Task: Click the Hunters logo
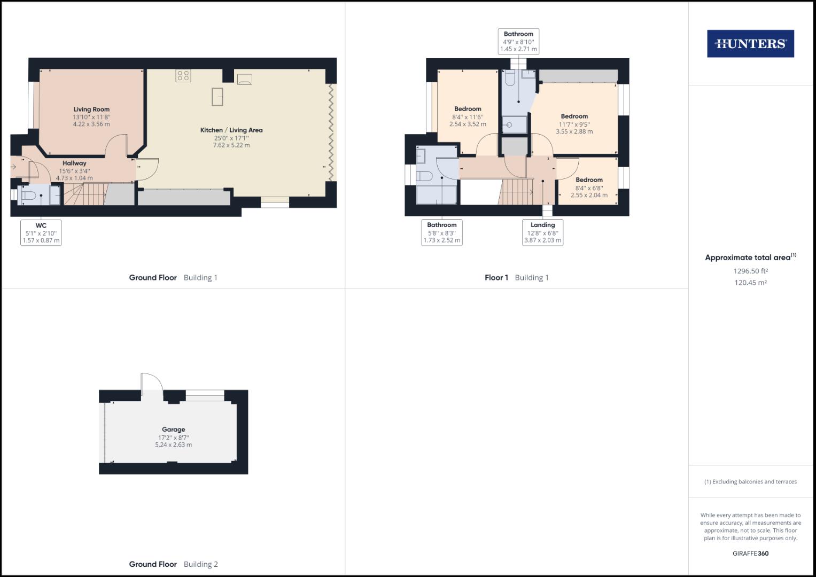[750, 44]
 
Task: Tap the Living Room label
[91, 110]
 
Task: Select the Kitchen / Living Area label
[231, 130]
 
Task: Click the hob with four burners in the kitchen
[183, 76]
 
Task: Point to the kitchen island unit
[217, 97]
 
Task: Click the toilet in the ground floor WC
[29, 196]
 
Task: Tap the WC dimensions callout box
[41, 232]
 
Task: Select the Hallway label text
[74, 163]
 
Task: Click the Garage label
[173, 430]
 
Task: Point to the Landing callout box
[542, 232]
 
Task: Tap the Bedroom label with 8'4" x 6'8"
[589, 180]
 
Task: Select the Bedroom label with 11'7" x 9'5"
[574, 116]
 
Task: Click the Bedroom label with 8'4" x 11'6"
[468, 109]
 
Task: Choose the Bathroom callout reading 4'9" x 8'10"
[518, 42]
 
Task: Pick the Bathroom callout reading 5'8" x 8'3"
[442, 232]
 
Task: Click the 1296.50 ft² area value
[750, 271]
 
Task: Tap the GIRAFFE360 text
[750, 553]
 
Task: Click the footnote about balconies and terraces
[750, 481]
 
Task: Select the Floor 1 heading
[496, 278]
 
